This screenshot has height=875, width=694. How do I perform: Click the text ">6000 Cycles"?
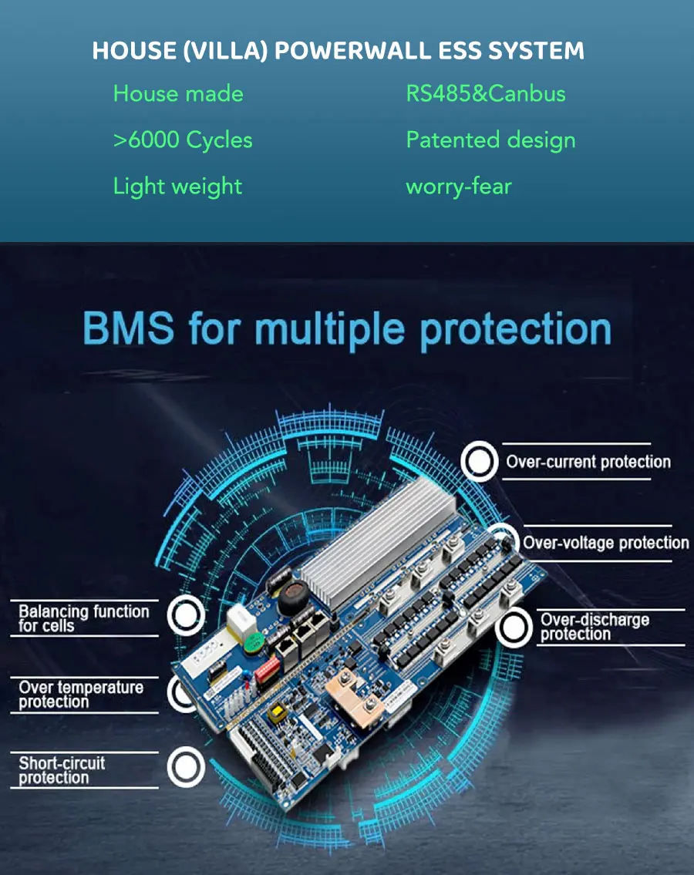(x=183, y=140)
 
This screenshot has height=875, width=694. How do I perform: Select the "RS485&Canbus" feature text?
(x=486, y=94)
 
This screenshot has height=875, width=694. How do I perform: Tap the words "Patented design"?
(x=490, y=140)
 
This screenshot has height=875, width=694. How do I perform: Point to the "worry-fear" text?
(x=459, y=187)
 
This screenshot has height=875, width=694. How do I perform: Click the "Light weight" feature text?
(x=177, y=187)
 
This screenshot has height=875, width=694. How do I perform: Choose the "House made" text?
(x=178, y=94)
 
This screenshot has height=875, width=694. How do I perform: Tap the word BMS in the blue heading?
(x=128, y=329)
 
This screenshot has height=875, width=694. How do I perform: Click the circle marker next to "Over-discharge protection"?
(x=514, y=628)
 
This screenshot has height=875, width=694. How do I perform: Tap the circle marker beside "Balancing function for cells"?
(x=186, y=615)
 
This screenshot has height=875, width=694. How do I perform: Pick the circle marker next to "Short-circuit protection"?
(x=186, y=768)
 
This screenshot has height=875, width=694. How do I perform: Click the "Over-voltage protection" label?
(x=605, y=543)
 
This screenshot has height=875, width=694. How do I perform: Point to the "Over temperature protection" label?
(x=81, y=695)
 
